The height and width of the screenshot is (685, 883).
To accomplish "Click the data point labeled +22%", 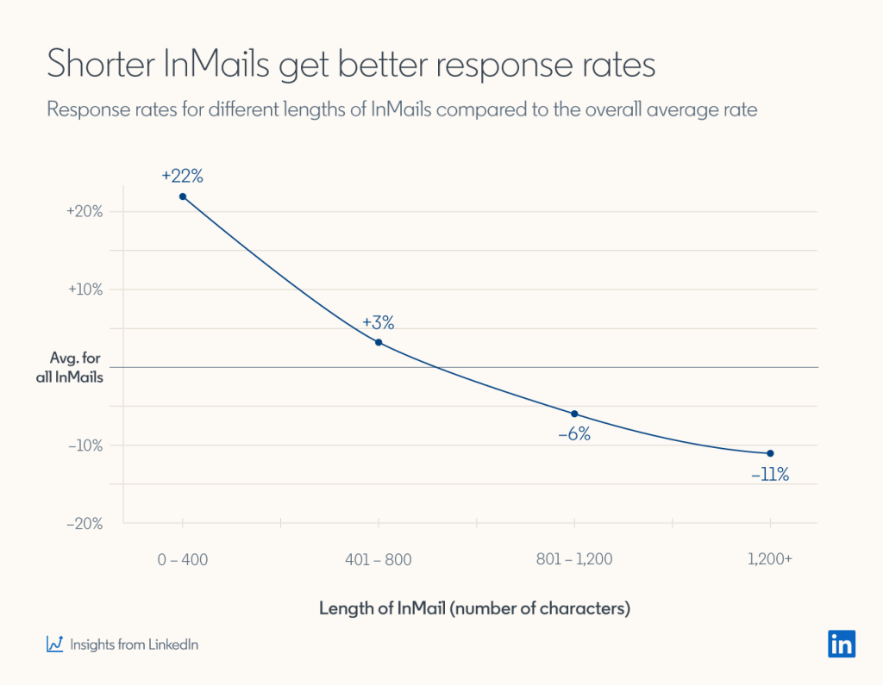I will coord(183,196).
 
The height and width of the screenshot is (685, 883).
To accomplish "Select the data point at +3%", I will coord(379,342).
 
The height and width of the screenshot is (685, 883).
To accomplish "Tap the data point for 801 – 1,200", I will coord(574,414).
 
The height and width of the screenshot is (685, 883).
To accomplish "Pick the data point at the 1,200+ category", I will coord(770,453).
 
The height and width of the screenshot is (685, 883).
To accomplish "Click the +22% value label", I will coord(182,176).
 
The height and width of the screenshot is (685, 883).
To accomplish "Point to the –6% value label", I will coord(574,435).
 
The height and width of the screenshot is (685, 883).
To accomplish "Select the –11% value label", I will coord(770,474).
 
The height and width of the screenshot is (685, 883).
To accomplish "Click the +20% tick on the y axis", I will coord(85,211).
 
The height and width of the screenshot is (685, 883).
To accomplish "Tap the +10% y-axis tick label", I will coord(85,290).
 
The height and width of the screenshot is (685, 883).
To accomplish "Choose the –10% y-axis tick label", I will coord(85,445).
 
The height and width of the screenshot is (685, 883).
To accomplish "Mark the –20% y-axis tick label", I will coord(85,524).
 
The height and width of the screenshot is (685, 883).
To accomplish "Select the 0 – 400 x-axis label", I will coord(183,559).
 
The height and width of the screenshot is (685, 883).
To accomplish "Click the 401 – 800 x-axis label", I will coord(379,559).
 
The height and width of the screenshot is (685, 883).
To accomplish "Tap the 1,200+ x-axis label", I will coord(770,559).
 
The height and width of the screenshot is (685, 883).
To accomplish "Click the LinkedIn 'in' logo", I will coord(842,644).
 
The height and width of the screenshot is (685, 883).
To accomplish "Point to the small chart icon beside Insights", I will coord(54,644).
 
